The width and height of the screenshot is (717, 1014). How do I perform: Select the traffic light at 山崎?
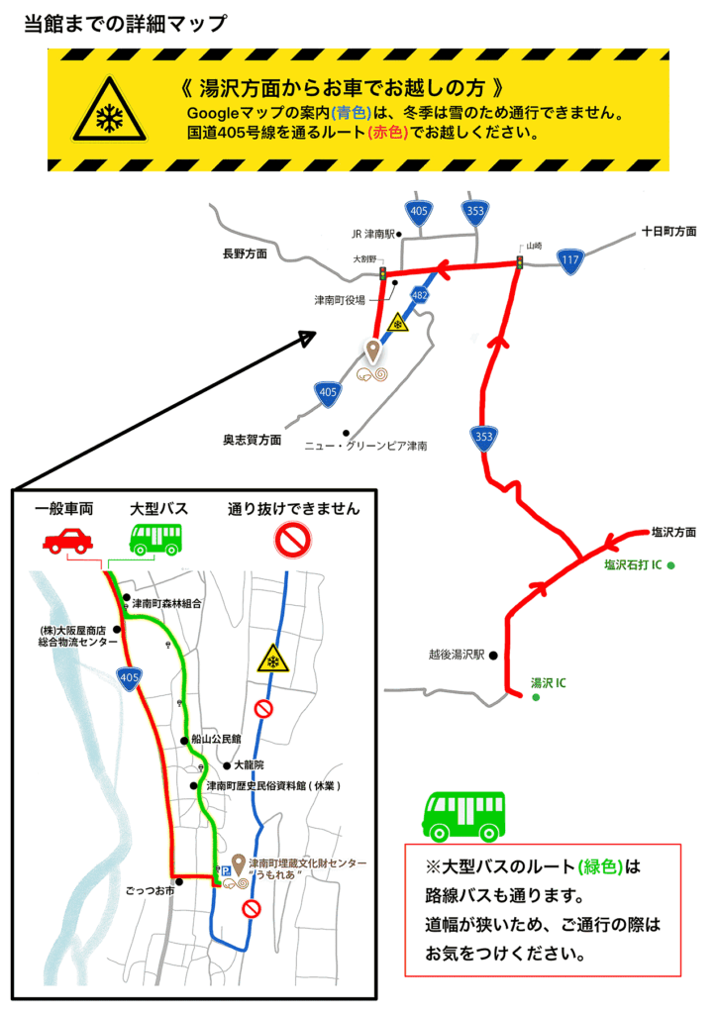point(519,262)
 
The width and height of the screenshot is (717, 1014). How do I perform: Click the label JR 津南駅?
point(372,235)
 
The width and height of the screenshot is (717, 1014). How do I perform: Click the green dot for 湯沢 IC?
point(536,698)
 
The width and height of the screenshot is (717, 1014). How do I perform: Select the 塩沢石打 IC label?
point(633,565)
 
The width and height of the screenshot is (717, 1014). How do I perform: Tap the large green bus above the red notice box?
point(463,816)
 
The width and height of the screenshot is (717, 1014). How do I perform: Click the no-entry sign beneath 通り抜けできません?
point(294,540)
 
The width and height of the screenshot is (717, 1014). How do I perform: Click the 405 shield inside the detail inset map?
point(128,678)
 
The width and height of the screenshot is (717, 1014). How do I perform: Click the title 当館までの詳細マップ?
point(126,24)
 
